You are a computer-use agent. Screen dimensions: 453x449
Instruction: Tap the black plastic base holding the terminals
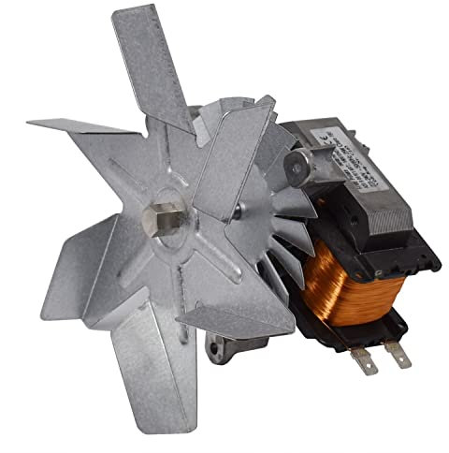(x=374, y=332)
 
